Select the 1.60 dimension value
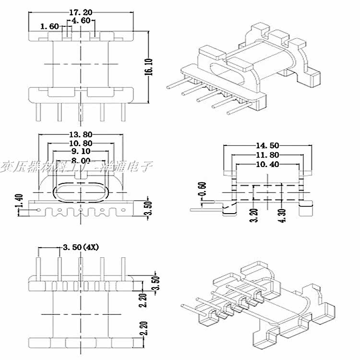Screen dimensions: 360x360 pos(50,26)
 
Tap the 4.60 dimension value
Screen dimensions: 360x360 pos(81,21)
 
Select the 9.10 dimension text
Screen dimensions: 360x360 pos(80,152)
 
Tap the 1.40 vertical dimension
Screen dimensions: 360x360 pos(19,201)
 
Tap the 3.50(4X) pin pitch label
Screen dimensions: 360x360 pos(81,248)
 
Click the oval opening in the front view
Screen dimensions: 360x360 pos(81,191)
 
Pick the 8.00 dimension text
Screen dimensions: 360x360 pos(80,160)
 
